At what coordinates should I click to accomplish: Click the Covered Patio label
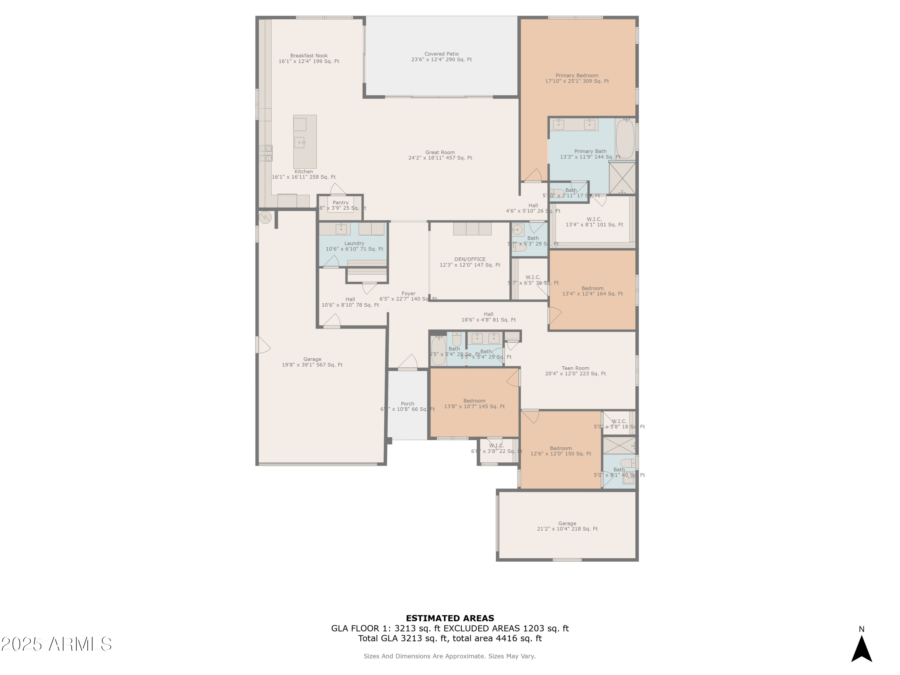442,57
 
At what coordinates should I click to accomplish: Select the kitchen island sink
299,142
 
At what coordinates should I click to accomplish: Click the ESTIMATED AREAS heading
450,618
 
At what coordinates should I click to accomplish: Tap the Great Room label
440,155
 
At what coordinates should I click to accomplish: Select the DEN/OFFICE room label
470,262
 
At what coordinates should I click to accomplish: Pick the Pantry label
340,205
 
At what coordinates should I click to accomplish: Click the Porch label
408,406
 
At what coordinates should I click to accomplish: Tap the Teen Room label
575,371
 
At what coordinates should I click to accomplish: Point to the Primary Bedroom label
577,78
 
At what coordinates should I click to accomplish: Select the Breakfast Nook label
309,58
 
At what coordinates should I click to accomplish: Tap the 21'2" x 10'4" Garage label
567,526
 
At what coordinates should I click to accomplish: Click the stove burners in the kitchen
266,153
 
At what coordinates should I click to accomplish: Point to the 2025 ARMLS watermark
57,644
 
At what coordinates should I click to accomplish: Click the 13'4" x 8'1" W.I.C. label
594,222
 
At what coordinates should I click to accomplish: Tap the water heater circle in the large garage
265,217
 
